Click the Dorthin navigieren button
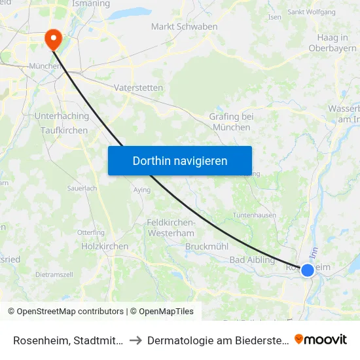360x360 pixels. click(180, 160)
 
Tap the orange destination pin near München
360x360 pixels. click(52, 41)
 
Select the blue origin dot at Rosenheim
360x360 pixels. click(307, 270)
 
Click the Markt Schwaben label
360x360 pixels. click(175, 26)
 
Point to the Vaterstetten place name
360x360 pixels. click(138, 87)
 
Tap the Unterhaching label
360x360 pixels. click(62, 116)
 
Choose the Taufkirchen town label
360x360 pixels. click(64, 130)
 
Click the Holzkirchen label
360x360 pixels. click(105, 246)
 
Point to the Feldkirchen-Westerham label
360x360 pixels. click(171, 228)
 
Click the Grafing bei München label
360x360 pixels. click(231, 122)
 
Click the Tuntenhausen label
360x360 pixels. click(255, 215)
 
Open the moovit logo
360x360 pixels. click(321, 339)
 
